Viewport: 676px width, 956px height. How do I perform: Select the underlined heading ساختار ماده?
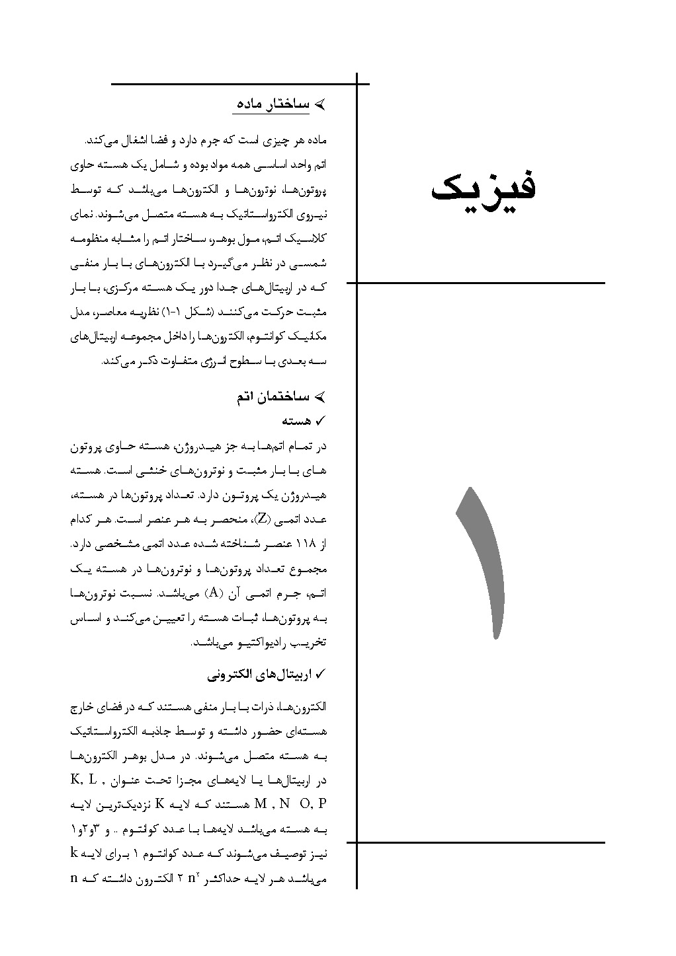click(x=273, y=105)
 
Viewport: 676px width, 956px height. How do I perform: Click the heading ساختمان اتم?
click(x=272, y=398)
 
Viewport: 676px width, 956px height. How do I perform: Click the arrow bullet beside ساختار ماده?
click(x=320, y=105)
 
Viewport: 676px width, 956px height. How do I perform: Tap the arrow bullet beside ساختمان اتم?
click(x=320, y=398)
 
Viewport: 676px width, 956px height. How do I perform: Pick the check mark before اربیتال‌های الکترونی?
click(x=322, y=675)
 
